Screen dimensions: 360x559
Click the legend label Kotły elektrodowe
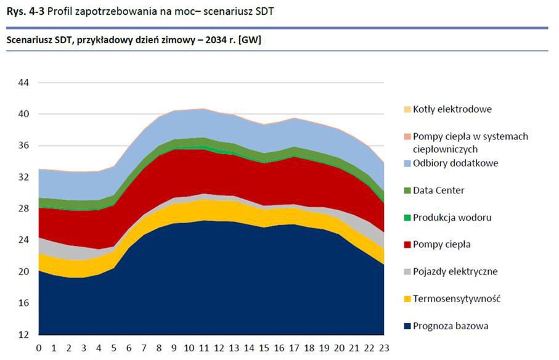pos(452,109)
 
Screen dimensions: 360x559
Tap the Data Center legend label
pos(439,190)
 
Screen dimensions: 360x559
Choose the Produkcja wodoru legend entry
pos(452,218)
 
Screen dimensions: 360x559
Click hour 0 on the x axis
pos(39,348)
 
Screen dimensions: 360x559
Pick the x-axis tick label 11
pos(203,348)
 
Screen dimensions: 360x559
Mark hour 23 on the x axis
pos(383,348)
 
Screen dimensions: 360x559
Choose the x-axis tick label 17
pos(293,348)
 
